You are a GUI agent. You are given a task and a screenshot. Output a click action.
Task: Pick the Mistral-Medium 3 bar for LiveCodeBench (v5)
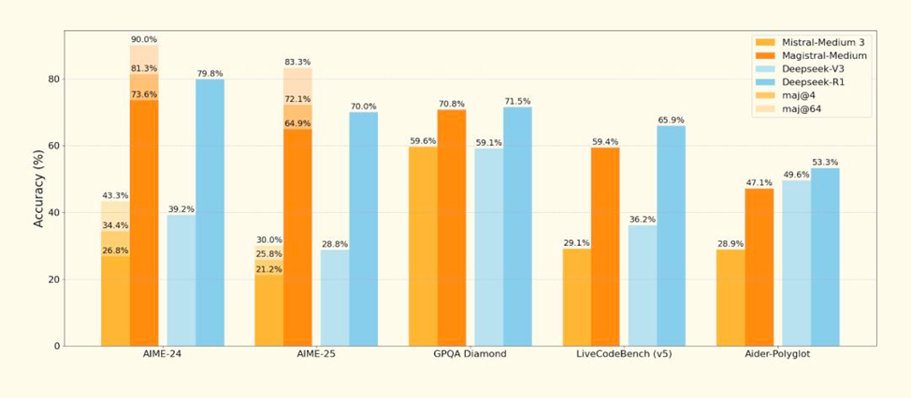(x=576, y=296)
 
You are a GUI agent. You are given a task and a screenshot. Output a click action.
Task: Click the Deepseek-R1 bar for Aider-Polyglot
(x=825, y=256)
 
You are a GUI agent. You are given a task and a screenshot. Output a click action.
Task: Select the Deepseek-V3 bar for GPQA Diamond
(x=488, y=247)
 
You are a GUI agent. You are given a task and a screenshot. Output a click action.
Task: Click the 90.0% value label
(x=144, y=39)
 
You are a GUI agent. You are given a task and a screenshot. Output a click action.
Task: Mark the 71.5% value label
(x=517, y=100)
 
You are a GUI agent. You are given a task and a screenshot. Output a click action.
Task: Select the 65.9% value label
(x=671, y=120)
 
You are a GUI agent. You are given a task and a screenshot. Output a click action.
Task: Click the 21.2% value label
(x=268, y=269)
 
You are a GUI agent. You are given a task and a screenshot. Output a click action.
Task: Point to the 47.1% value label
(x=759, y=182)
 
